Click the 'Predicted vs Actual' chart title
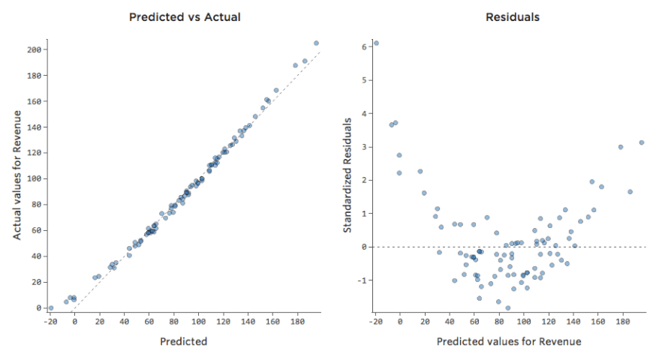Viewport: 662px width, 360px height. [x=185, y=16]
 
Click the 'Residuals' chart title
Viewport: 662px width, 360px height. [x=513, y=16]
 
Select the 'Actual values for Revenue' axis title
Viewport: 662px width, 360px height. [x=17, y=174]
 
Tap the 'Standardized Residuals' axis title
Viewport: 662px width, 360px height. [x=348, y=174]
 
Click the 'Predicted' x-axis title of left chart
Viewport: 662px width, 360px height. [x=184, y=341]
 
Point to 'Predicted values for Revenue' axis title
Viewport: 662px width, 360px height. [x=508, y=341]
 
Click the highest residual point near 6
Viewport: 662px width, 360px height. [x=376, y=43]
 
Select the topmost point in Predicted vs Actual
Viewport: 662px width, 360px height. [x=316, y=43]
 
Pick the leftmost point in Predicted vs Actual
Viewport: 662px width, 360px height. [x=50, y=308]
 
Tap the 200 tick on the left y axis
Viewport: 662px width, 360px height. [x=33, y=49]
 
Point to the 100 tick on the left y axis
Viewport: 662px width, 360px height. [x=33, y=178]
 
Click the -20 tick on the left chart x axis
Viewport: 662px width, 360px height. [x=50, y=321]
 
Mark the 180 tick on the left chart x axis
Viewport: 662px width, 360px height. [x=297, y=321]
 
